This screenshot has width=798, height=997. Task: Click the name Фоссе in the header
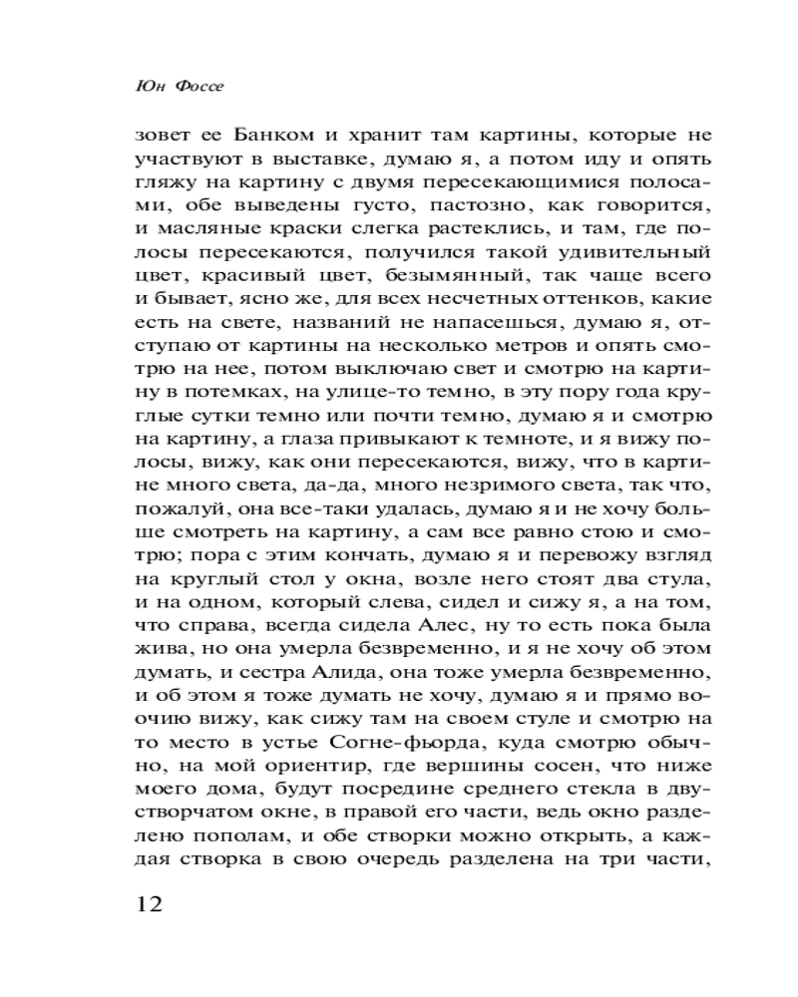click(199, 86)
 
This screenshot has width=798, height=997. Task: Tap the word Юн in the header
click(148, 86)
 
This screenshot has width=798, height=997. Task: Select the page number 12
click(147, 904)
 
